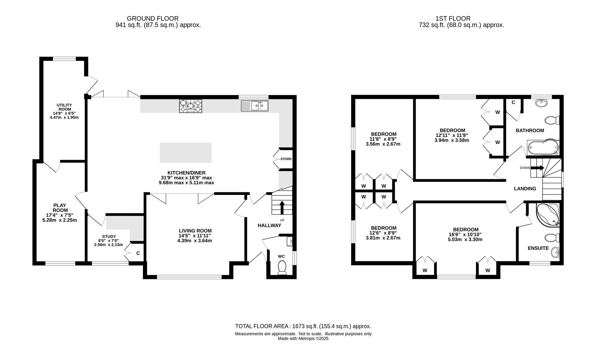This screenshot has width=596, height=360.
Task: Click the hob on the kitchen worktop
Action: (x=191, y=106)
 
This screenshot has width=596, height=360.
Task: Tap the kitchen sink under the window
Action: (x=255, y=106)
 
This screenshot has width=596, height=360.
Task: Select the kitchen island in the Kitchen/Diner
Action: (x=186, y=153)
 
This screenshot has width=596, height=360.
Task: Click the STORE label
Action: (x=286, y=159)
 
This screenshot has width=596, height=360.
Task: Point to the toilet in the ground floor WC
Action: (x=282, y=268)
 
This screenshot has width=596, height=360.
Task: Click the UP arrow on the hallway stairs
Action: (x=282, y=207)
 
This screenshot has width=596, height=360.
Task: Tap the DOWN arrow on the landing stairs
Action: (x=537, y=168)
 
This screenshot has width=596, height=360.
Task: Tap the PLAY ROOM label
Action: (x=60, y=208)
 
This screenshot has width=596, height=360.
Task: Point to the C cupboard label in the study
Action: (x=138, y=253)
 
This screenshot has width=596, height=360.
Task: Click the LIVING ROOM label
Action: (x=195, y=231)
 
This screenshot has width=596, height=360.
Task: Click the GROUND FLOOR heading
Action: (x=153, y=19)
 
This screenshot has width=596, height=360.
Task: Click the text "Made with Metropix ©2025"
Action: (x=303, y=338)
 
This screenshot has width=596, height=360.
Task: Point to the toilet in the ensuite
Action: (x=552, y=238)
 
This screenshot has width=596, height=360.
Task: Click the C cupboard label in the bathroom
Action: (x=513, y=102)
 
